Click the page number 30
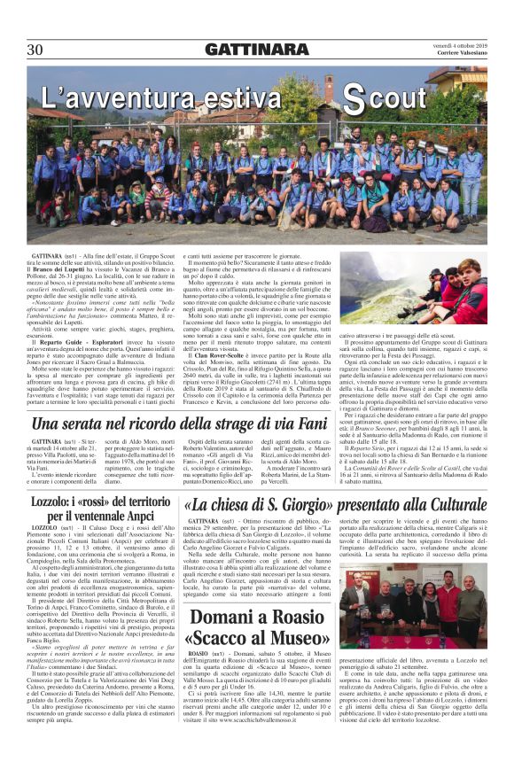click(x=37, y=49)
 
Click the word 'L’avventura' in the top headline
click(x=113, y=97)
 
